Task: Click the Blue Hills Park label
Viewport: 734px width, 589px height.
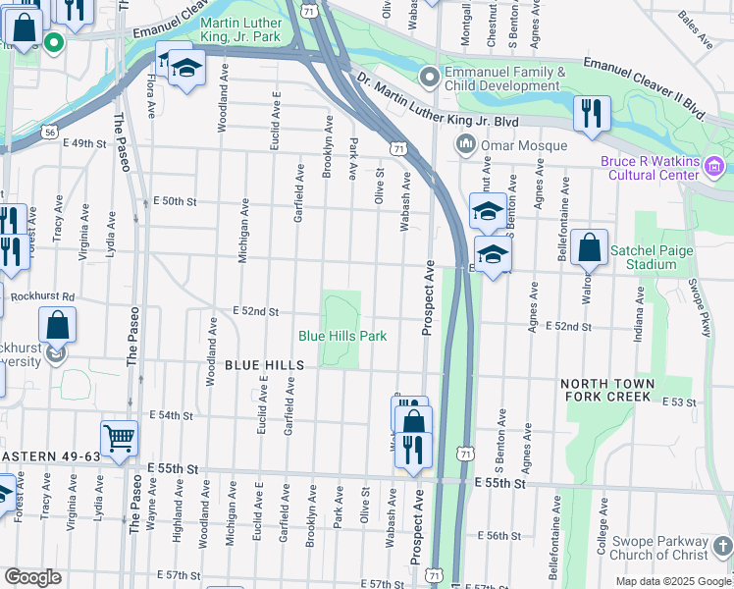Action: (x=342, y=336)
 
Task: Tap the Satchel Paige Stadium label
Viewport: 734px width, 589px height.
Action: (x=652, y=257)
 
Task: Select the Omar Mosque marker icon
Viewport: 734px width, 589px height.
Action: (x=465, y=146)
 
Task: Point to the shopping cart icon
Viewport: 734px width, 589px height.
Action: (x=119, y=439)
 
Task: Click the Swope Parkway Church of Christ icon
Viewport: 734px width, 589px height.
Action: (x=721, y=547)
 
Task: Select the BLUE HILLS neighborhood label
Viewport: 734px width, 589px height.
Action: (x=265, y=364)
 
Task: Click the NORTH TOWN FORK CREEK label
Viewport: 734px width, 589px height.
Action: (x=605, y=390)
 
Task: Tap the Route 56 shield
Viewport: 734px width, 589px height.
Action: (x=49, y=131)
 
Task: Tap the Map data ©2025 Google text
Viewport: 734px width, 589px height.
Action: (x=672, y=581)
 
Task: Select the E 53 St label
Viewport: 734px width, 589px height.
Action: (x=678, y=402)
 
